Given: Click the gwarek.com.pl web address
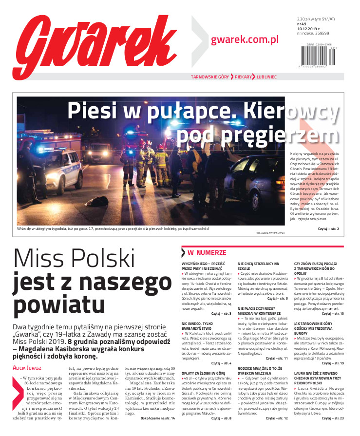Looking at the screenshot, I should tap(245, 39).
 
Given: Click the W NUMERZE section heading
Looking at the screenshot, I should tap(207, 253).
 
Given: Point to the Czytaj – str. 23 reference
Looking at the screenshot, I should tap(333, 418).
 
